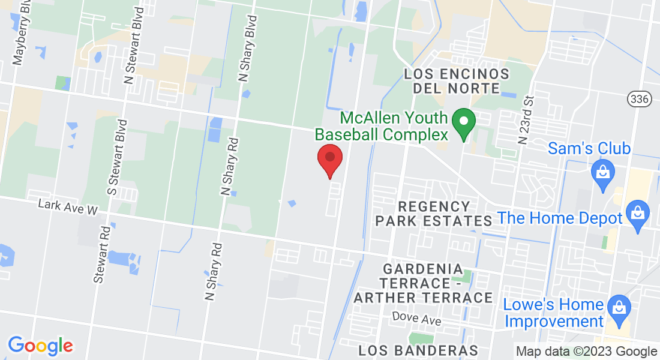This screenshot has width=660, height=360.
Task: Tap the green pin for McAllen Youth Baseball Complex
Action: click(463, 122)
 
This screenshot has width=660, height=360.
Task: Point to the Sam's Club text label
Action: click(589, 148)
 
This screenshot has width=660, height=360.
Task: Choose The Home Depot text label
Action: click(561, 218)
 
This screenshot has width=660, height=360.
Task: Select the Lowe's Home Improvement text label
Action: click(553, 313)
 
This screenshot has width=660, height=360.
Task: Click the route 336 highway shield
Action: click(640, 99)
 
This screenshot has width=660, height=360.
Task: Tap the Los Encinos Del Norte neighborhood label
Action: click(457, 82)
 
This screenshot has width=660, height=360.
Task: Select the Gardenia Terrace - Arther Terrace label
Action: click(423, 283)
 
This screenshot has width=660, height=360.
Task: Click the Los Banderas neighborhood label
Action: click(418, 350)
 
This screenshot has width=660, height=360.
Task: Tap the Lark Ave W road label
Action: click(67, 207)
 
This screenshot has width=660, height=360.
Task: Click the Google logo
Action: click(40, 345)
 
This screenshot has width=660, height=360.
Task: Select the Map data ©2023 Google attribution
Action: click(586, 352)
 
